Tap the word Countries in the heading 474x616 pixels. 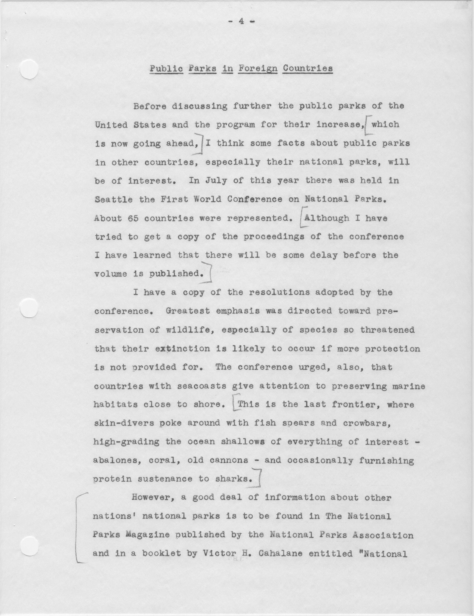pyautogui.click(x=308, y=69)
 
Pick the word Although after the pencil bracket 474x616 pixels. pyautogui.click(x=326, y=218)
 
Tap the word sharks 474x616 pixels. pyautogui.click(x=233, y=479)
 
